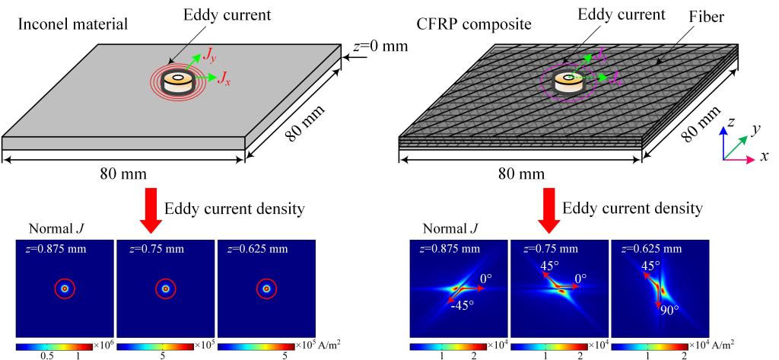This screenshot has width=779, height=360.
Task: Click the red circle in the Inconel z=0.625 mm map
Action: click(265, 289)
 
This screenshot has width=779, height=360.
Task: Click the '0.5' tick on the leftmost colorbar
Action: click(46, 355)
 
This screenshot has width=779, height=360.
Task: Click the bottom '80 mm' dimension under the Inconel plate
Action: click(122, 174)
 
